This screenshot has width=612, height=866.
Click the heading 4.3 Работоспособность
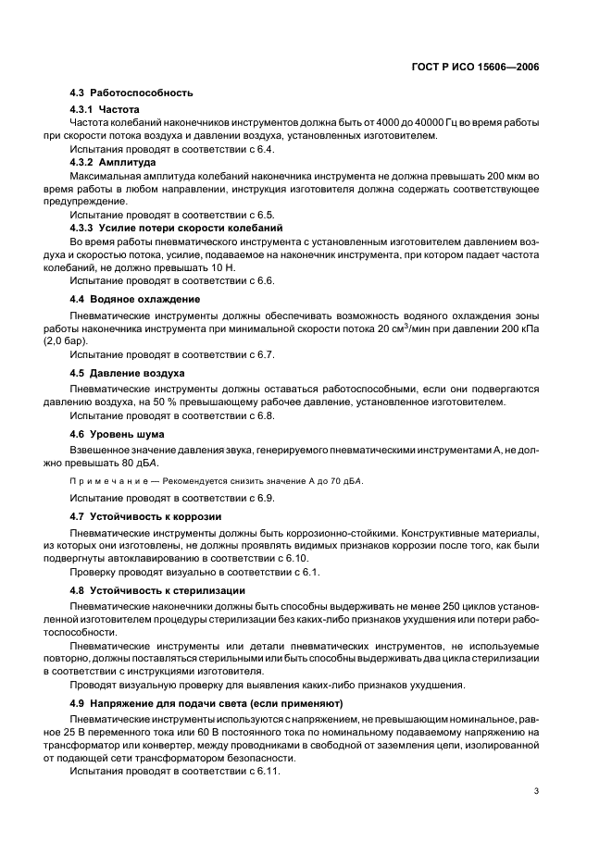pos(131,93)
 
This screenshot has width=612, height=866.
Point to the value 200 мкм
pos(512,176)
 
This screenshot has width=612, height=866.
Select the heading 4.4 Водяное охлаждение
pos(135,300)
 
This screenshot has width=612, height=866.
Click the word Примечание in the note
pos(109,481)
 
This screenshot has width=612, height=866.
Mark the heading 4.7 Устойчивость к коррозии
pos(145,515)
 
